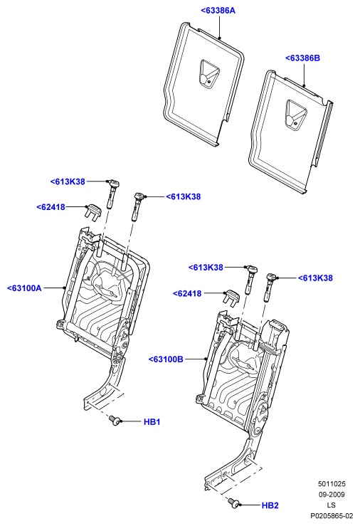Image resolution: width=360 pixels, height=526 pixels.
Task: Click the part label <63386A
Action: coord(218,11)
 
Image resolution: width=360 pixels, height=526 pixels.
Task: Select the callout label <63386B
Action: coord(302,58)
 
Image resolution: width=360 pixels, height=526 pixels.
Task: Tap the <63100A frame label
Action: coord(24,288)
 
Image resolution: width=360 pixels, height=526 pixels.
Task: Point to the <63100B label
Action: coord(166,359)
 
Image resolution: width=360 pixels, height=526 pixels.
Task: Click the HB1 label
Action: coord(152,421)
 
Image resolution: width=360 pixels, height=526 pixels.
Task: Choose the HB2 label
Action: coord(270,505)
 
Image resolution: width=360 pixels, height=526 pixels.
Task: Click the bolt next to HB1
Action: coord(115,421)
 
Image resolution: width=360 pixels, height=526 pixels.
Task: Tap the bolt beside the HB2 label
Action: coord(233,503)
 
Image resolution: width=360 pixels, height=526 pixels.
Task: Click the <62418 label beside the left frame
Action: coord(51,207)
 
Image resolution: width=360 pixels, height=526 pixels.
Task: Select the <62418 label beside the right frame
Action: coord(187,293)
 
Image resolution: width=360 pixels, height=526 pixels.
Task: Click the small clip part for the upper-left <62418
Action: coord(92,212)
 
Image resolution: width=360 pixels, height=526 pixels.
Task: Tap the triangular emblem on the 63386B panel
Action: coord(295,115)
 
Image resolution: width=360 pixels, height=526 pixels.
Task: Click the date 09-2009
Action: coord(332,495)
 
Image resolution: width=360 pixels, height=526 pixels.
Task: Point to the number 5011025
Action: coord(332,484)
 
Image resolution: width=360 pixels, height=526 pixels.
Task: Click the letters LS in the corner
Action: coord(331,505)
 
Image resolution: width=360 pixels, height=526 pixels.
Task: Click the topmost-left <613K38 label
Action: coord(68,182)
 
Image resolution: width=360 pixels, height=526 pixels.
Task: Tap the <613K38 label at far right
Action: coord(315,278)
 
